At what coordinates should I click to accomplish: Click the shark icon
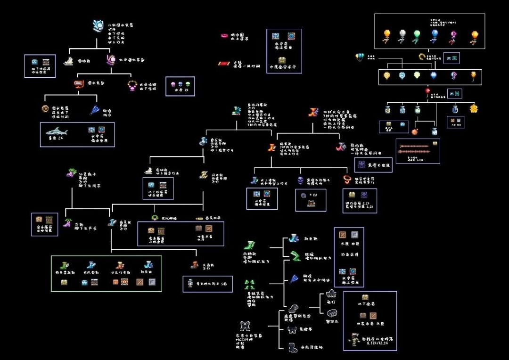click(x=57, y=132)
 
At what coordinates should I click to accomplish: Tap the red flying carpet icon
click(x=223, y=63)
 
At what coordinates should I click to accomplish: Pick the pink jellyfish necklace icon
click(x=132, y=86)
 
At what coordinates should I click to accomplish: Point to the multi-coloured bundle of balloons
click(x=360, y=57)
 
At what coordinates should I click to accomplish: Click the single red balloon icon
click(x=427, y=90)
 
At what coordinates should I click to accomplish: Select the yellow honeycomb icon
click(x=473, y=109)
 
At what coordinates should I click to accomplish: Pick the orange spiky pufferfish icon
click(x=415, y=131)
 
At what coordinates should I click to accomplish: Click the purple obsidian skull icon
click(x=300, y=180)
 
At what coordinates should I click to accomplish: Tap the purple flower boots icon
click(x=67, y=222)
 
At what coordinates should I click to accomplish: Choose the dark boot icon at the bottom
click(x=293, y=347)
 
